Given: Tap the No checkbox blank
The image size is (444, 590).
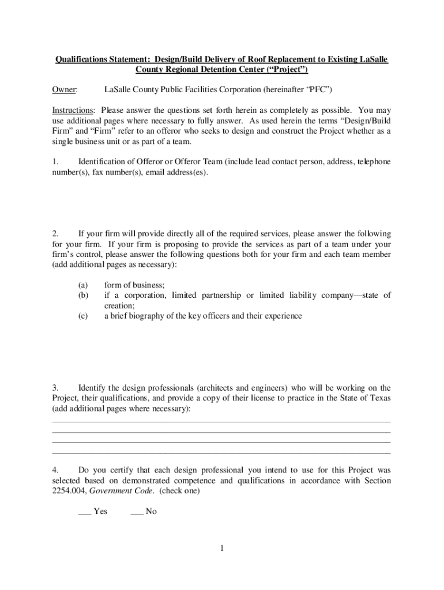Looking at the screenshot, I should (x=137, y=512).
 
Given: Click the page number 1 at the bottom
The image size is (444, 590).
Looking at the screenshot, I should (x=221, y=548).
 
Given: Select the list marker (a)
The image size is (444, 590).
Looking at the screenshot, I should (x=83, y=285).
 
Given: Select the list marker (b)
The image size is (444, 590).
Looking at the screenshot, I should (x=83, y=295).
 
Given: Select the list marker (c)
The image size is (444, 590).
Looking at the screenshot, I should (x=83, y=316).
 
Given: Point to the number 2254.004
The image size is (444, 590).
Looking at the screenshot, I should (x=67, y=491).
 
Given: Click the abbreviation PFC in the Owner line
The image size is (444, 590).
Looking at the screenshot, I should (x=318, y=90).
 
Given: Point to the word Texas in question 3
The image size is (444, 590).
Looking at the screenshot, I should (x=379, y=398).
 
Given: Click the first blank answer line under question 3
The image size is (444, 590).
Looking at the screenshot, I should (x=221, y=421).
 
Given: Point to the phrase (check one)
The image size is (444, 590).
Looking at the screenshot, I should (x=180, y=491).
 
